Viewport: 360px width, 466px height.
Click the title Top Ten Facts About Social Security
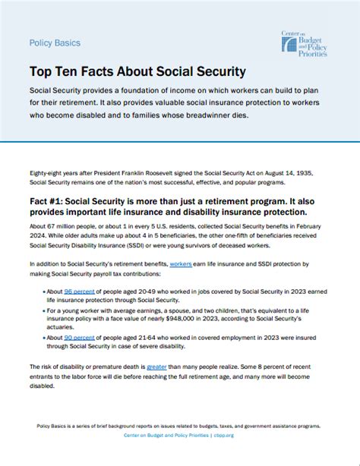coord(137,72)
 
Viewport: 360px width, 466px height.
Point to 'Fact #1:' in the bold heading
coord(54,203)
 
